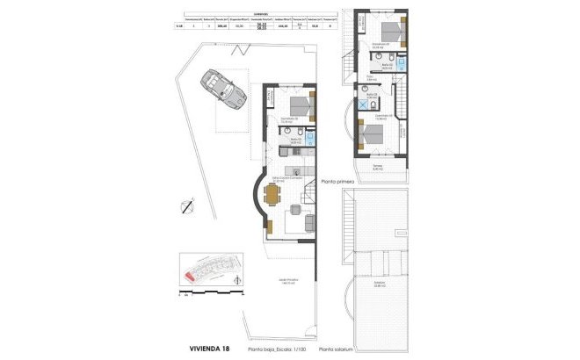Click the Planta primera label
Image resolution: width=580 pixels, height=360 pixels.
[x=337, y=179]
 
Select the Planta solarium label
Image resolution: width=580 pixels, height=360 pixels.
[x=339, y=349]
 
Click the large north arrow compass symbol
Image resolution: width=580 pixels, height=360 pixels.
[x=185, y=207]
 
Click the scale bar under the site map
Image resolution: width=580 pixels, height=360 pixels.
[x=210, y=295]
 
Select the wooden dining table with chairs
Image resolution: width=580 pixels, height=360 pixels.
[x=294, y=207]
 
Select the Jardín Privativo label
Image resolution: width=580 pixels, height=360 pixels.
[x=287, y=282]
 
